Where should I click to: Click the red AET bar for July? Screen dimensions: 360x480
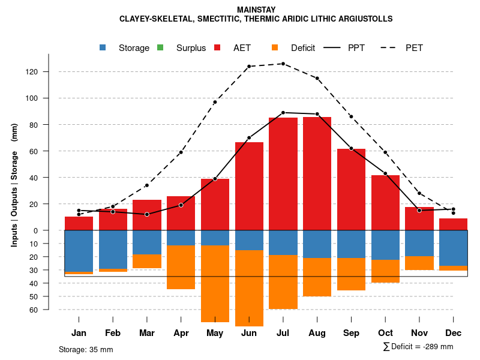(283, 174)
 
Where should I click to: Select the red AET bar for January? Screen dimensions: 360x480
(79, 223)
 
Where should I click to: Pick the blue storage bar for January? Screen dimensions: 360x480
(79, 251)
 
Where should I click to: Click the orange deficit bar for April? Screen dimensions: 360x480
(181, 268)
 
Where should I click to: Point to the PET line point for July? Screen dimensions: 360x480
(283, 64)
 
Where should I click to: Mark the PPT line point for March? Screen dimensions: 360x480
(147, 214)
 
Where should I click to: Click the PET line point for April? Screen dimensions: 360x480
(181, 152)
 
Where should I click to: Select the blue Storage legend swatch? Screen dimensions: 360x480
(103, 47)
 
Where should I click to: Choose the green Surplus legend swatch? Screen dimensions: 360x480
(160, 47)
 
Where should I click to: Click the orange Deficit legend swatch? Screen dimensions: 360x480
(275, 47)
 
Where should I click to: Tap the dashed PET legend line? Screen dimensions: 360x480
(389, 47)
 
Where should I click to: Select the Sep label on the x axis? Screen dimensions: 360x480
(351, 333)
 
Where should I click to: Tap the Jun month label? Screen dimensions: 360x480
(249, 333)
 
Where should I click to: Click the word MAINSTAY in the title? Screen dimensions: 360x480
(256, 10)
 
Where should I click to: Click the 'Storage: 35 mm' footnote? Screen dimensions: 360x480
(86, 349)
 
